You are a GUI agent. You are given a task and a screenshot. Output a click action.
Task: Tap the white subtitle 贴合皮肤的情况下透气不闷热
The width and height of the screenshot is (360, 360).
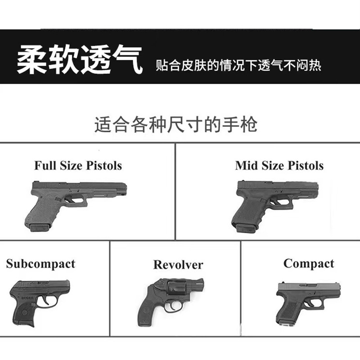[238, 66]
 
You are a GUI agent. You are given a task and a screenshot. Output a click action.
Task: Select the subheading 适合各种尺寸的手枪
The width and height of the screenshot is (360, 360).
[175, 124]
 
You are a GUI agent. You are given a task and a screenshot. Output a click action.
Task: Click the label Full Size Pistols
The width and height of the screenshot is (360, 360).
[78, 165]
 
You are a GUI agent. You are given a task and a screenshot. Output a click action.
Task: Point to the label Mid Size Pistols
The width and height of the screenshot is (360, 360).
[279, 165]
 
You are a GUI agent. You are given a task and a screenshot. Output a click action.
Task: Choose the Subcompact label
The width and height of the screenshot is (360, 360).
[40, 264]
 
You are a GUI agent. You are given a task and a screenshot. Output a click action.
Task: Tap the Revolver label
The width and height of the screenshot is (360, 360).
[178, 265]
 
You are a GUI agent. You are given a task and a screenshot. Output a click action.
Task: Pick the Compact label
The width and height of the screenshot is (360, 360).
[309, 264]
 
